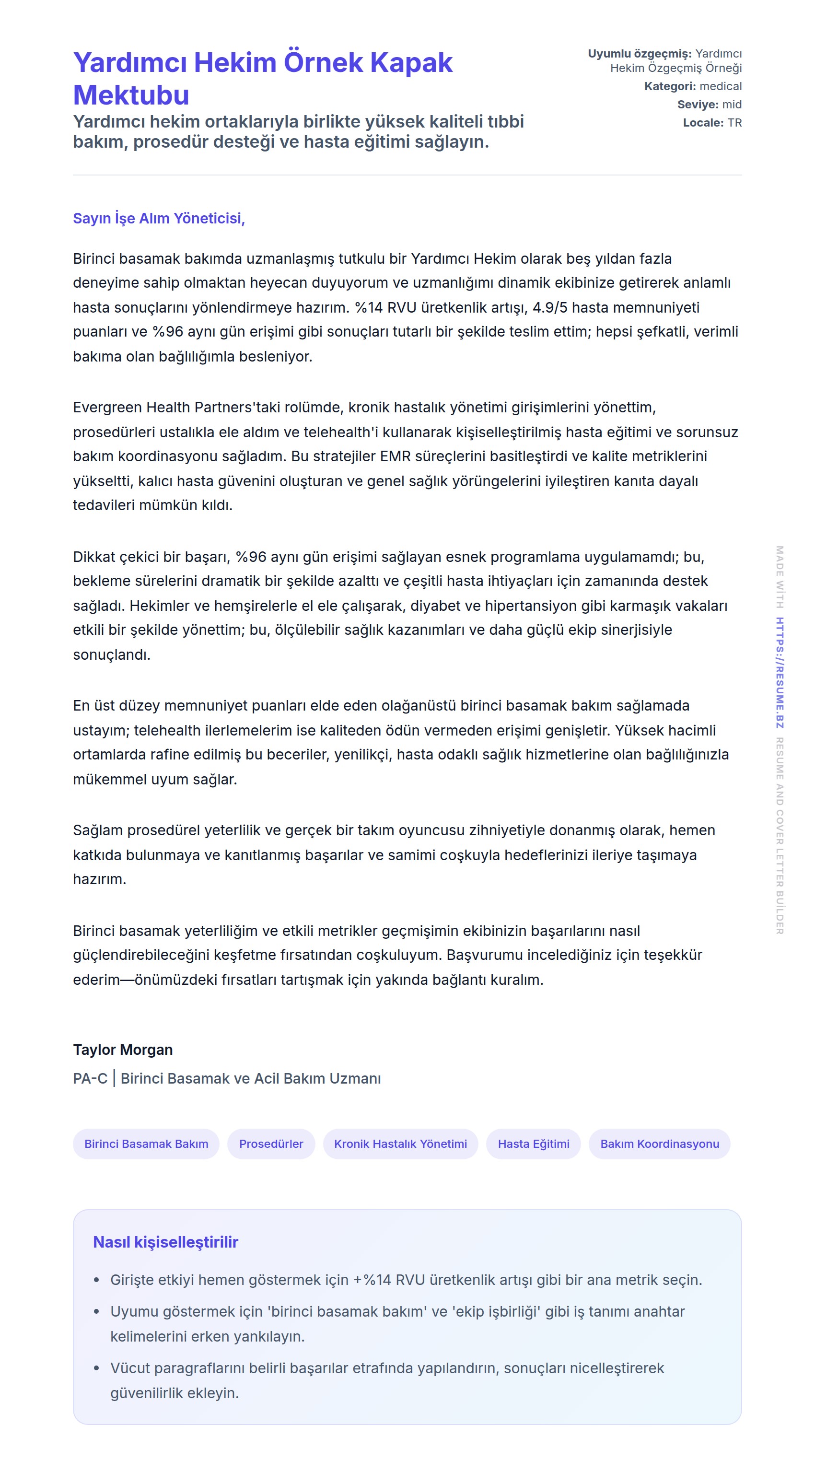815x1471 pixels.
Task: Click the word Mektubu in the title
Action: click(131, 95)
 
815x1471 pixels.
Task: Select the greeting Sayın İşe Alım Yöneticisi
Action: click(159, 218)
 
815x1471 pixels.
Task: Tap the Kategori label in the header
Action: click(669, 86)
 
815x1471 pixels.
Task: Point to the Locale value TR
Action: click(734, 123)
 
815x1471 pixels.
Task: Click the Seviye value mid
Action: click(732, 105)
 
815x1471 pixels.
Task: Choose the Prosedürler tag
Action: click(271, 1144)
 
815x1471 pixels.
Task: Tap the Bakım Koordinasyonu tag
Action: click(659, 1144)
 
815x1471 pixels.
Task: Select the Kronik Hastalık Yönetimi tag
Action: click(400, 1144)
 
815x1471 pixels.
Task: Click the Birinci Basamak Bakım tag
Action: click(146, 1144)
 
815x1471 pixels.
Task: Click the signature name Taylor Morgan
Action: click(123, 1050)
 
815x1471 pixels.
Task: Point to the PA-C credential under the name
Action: click(90, 1078)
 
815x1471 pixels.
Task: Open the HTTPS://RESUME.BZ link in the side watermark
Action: click(780, 673)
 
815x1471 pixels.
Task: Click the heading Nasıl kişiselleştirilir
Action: click(165, 1242)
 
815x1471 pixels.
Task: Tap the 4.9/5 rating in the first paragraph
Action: click(550, 308)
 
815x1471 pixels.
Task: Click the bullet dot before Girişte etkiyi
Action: click(96, 1280)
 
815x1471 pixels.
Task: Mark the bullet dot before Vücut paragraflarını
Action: click(96, 1368)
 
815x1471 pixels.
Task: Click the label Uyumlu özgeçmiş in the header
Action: click(639, 54)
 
